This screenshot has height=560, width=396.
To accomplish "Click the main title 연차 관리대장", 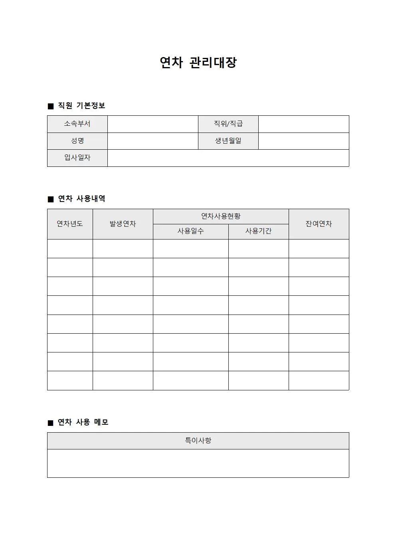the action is pyautogui.click(x=198, y=62).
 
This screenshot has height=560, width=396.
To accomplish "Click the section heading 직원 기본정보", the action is pyautogui.click(x=81, y=106).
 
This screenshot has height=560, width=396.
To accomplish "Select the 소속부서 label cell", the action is pyautogui.click(x=77, y=124).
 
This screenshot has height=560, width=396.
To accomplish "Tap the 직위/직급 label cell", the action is pyautogui.click(x=228, y=124).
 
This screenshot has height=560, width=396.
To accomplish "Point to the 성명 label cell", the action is pyautogui.click(x=77, y=141).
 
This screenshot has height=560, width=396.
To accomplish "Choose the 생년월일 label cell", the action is pyautogui.click(x=228, y=141).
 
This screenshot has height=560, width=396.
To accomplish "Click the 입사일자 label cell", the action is pyautogui.click(x=77, y=158).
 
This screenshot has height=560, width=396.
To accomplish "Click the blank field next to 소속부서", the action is pyautogui.click(x=153, y=124).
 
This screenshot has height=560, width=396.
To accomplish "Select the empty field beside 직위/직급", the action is pyautogui.click(x=303, y=124).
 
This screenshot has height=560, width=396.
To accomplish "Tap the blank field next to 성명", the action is pyautogui.click(x=153, y=141).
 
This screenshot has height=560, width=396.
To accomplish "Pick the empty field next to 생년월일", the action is pyautogui.click(x=303, y=141).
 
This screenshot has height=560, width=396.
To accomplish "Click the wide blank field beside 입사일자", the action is pyautogui.click(x=228, y=158).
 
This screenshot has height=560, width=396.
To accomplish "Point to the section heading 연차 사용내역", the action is pyautogui.click(x=81, y=199).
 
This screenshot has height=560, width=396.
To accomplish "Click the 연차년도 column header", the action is pyautogui.click(x=70, y=224).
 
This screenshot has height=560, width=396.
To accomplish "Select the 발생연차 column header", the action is pyautogui.click(x=123, y=224).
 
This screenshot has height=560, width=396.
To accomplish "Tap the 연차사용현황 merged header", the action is pyautogui.click(x=221, y=216).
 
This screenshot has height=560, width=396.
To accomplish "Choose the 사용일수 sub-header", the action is pyautogui.click(x=191, y=232).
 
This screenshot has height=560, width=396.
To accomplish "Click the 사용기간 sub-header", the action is pyautogui.click(x=259, y=232).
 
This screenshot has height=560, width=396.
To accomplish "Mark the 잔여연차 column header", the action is pyautogui.click(x=319, y=224).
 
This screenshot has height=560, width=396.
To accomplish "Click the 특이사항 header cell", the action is pyautogui.click(x=198, y=441).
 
